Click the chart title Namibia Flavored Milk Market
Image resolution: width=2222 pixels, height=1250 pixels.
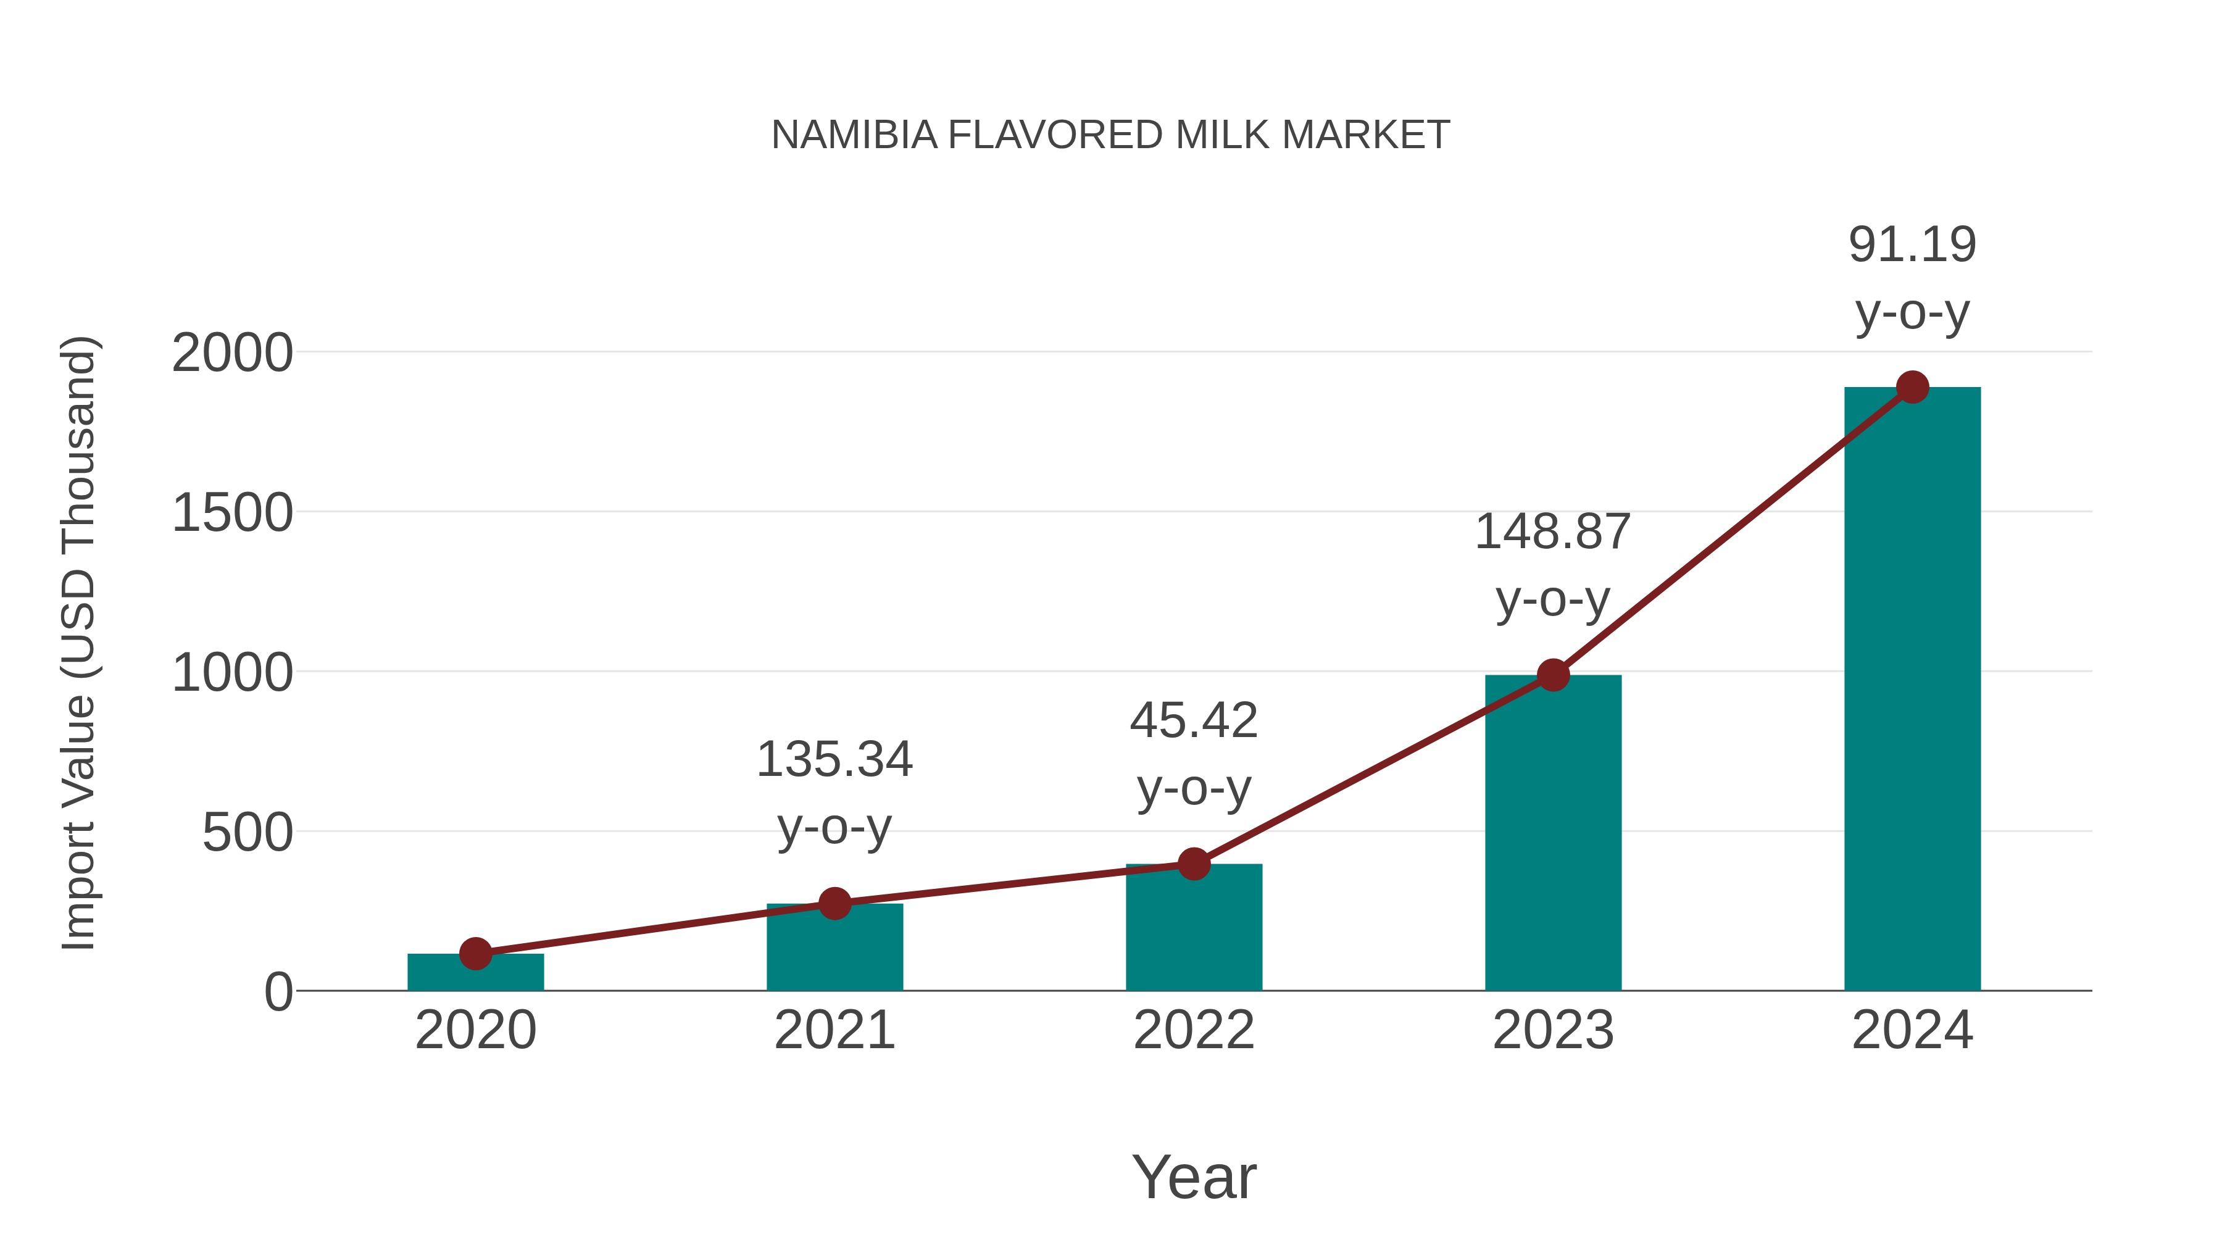(1110, 135)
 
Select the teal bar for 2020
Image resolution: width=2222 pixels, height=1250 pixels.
(475, 975)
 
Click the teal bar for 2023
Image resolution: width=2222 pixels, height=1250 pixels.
(1553, 837)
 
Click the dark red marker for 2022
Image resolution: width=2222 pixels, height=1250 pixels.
(1194, 864)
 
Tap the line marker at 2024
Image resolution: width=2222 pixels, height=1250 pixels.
(1912, 387)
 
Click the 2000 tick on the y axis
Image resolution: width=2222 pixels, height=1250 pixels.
(232, 353)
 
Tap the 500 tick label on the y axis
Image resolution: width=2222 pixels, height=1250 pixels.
(248, 833)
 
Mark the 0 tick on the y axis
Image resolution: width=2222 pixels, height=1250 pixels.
(278, 992)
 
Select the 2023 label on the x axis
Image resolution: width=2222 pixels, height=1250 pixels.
(1553, 1030)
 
